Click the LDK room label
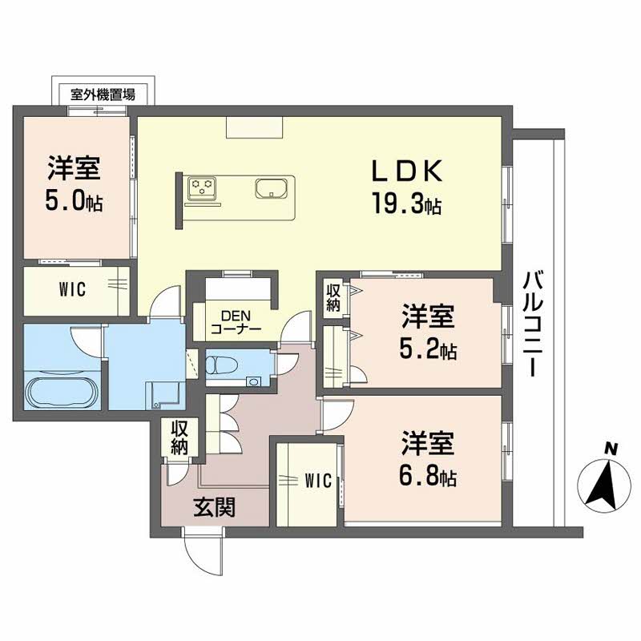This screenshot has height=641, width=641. click(x=405, y=173)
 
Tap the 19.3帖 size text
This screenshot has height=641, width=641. click(x=405, y=205)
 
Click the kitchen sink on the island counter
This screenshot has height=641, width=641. click(x=270, y=189)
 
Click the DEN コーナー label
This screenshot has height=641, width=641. click(x=236, y=322)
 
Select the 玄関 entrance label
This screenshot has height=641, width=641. click(x=213, y=506)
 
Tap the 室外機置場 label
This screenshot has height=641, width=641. click(x=103, y=94)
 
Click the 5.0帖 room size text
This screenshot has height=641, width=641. click(x=74, y=201)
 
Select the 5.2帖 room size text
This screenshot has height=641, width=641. click(x=429, y=350)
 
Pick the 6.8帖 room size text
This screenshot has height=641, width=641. click(x=429, y=478)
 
